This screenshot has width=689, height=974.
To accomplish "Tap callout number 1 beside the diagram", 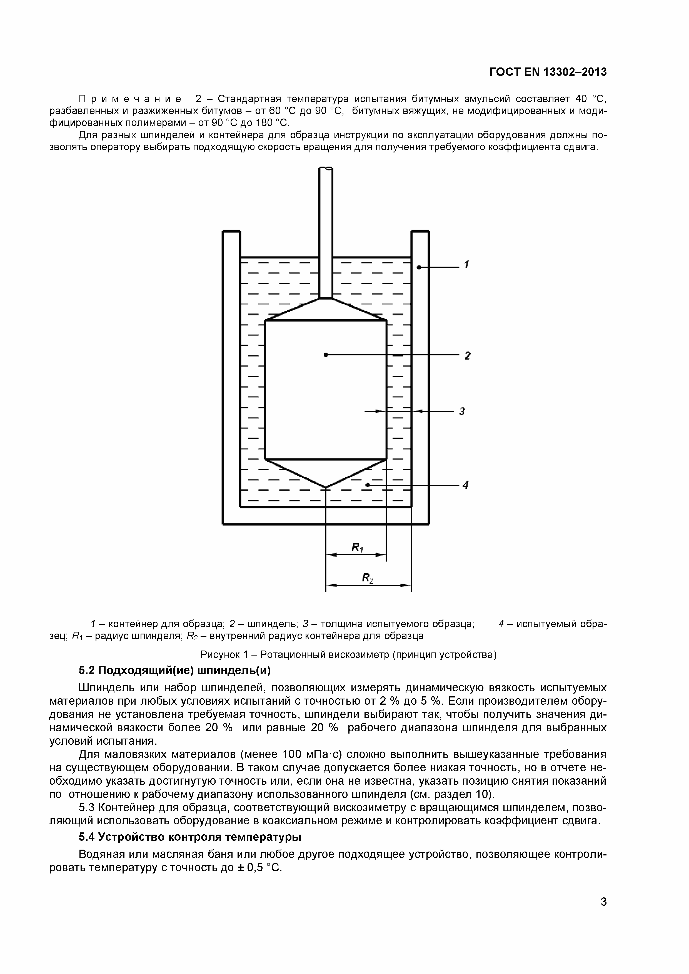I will click(x=466, y=265).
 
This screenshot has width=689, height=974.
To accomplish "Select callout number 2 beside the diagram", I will click(x=467, y=355).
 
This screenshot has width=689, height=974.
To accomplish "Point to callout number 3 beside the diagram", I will click(x=462, y=411).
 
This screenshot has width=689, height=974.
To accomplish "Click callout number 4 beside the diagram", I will click(x=465, y=485).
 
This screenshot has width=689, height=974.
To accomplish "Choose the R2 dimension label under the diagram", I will click(x=368, y=578).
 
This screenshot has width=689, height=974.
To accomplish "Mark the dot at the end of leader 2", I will click(x=326, y=355).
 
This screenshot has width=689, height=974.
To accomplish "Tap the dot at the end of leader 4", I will click(x=368, y=485).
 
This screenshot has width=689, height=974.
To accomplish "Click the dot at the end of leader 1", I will click(x=419, y=267).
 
